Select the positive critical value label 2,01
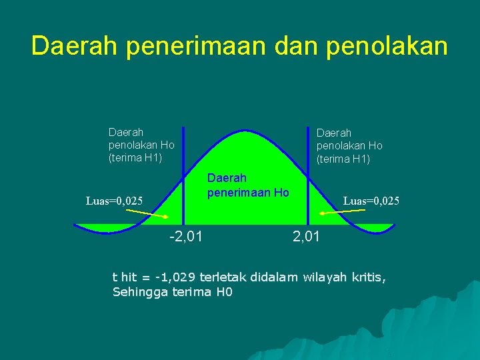[307, 235]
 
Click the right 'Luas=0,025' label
[371, 200]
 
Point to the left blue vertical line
[183, 177]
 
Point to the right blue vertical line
[308, 177]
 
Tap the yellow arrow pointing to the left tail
[147, 213]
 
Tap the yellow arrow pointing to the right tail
[343, 212]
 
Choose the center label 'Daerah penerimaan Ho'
[247, 185]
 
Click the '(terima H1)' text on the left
[135, 157]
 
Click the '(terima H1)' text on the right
[343, 159]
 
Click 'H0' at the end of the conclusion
[224, 292]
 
